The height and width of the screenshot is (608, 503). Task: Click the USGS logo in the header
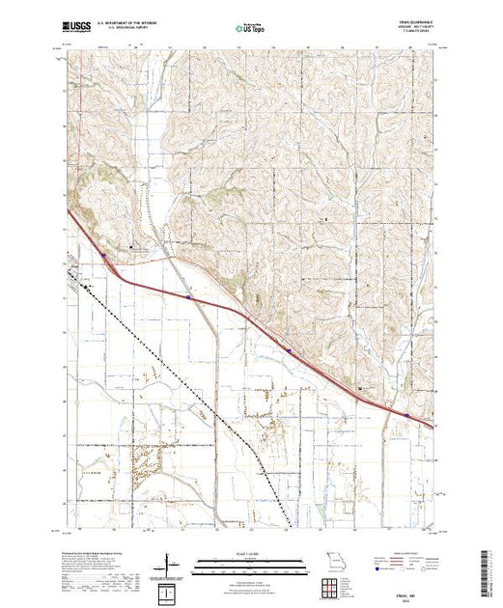tap(77, 27)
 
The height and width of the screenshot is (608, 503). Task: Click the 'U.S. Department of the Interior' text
tap(141, 24)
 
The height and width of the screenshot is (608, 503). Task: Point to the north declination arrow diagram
tap(170, 563)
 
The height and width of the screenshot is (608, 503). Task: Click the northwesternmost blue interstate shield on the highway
tap(103, 257)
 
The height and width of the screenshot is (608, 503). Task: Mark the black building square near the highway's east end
tap(363, 388)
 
